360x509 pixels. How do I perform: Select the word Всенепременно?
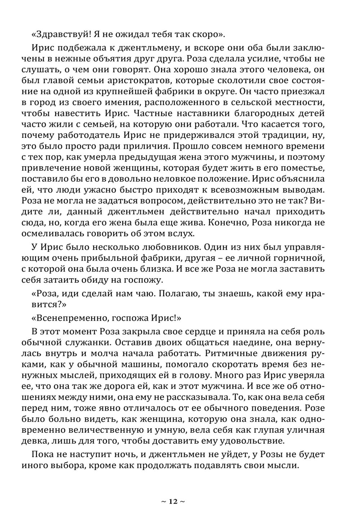70,318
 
